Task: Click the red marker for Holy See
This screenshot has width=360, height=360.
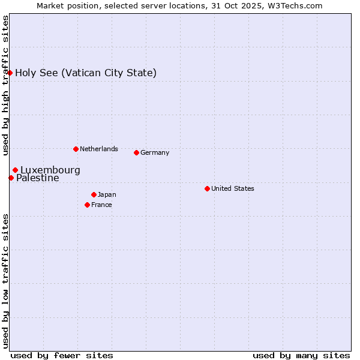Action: (x=10, y=73)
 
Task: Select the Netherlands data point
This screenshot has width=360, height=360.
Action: (x=76, y=149)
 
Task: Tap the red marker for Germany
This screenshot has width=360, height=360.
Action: (x=136, y=152)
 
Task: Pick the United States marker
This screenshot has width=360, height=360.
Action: (x=207, y=188)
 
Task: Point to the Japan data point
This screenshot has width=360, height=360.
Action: (x=94, y=194)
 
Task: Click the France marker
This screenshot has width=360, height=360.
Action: (x=88, y=205)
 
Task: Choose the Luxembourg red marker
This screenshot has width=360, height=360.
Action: (x=15, y=170)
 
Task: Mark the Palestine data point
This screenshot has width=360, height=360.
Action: (x=11, y=178)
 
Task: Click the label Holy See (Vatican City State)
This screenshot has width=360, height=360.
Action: (x=86, y=73)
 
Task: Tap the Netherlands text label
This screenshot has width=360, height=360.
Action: (x=98, y=149)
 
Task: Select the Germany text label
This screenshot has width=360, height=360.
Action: (x=155, y=152)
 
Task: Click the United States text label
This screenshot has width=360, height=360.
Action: (x=232, y=188)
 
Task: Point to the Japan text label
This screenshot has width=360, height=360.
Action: (x=107, y=194)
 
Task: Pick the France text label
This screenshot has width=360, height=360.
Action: (x=101, y=205)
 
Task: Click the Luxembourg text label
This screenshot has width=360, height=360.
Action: (x=50, y=170)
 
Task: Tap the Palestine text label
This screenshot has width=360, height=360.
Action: (x=37, y=178)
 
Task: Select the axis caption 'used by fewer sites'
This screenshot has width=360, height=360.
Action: (x=62, y=355)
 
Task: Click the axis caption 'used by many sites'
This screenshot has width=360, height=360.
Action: (x=301, y=355)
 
